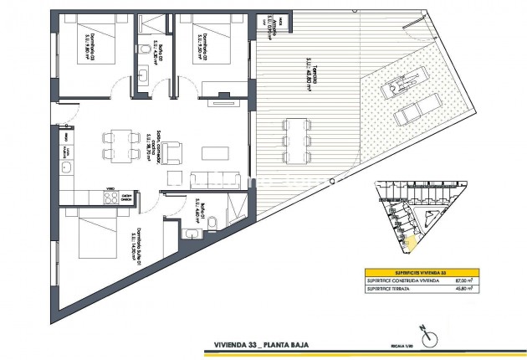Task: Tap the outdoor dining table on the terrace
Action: [x=293, y=138]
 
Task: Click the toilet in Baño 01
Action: [x=211, y=222]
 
